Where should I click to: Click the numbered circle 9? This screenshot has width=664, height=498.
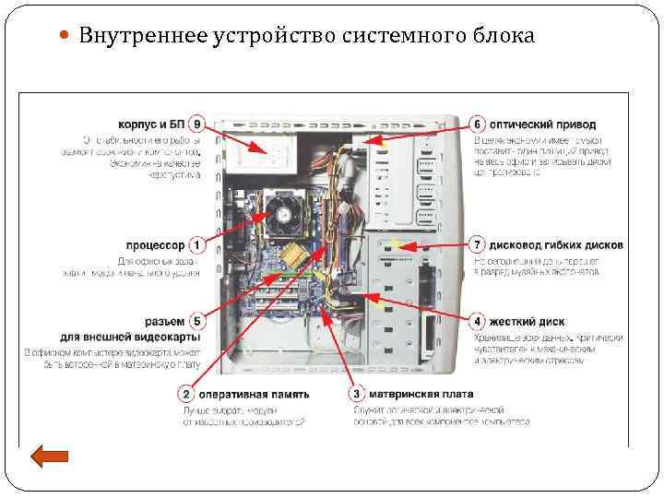point(196,124)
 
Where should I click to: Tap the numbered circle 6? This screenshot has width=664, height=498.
point(478,124)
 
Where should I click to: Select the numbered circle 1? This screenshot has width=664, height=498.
point(196,245)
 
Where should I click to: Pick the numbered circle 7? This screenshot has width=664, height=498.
point(478,245)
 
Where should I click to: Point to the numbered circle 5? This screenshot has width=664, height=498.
point(196,321)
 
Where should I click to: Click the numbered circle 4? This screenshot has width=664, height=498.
point(478,321)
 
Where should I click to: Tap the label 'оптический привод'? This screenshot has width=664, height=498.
point(542,124)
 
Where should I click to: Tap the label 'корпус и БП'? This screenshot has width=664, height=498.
point(151,124)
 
